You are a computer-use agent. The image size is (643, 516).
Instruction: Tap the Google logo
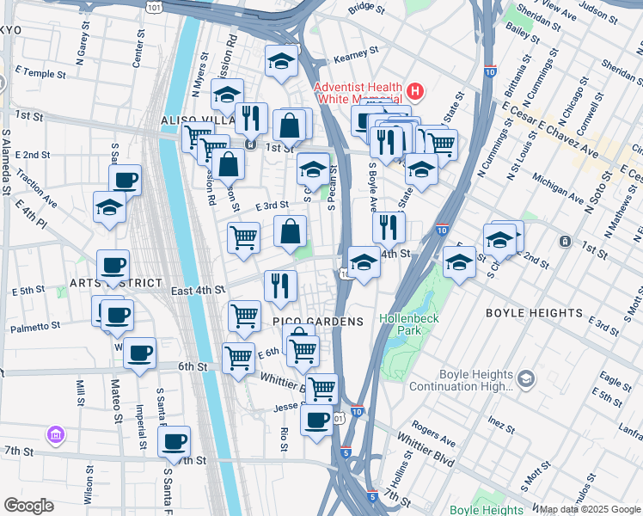click(28, 506)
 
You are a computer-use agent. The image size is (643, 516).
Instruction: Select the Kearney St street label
click(351, 55)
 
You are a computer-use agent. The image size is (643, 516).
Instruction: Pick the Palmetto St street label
click(35, 327)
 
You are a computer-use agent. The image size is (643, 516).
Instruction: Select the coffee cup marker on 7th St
click(175, 442)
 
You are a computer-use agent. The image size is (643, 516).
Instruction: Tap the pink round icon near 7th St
click(56, 436)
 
